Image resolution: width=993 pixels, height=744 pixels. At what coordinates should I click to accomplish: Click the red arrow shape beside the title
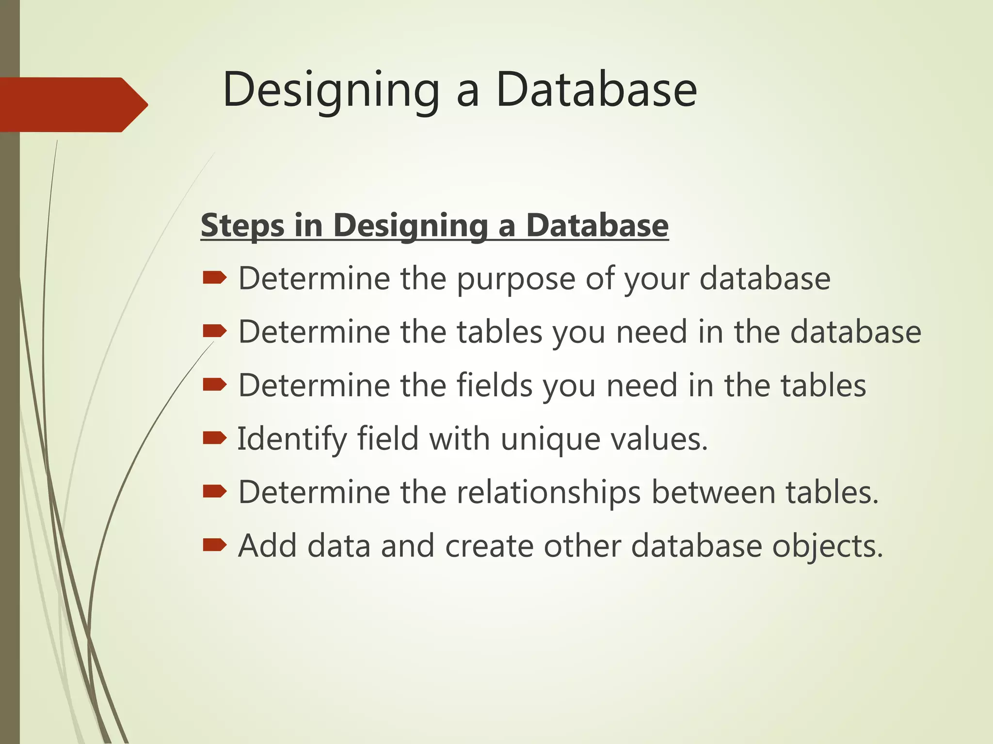coord(73,104)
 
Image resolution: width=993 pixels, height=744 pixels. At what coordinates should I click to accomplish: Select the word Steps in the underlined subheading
coord(242,226)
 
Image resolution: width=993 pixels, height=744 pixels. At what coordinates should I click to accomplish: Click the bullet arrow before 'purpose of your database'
coord(214,278)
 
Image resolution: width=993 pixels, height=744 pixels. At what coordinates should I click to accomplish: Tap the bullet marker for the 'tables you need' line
coord(214,331)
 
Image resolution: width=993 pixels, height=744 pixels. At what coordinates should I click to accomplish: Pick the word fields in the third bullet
coord(494,386)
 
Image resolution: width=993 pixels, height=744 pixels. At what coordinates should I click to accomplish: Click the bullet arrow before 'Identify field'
coord(214,438)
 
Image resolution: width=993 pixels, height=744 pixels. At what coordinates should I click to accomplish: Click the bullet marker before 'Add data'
coord(214,545)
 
